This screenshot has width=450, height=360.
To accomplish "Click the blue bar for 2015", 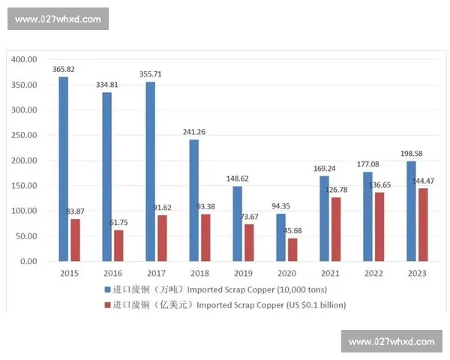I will [64, 169].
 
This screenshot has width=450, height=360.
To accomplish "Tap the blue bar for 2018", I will [193, 200].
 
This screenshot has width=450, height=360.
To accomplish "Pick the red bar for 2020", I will [292, 250].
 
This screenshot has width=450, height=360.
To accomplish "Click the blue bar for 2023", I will [411, 211].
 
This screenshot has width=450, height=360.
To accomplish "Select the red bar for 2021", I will [335, 229].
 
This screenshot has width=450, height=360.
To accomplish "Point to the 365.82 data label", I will [64, 69].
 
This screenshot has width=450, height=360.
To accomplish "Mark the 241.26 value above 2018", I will [194, 132].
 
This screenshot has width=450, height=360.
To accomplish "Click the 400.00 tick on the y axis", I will [25, 59].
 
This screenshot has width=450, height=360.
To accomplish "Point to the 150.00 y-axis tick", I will [25, 186].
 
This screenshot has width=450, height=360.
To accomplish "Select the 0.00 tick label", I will [28, 262].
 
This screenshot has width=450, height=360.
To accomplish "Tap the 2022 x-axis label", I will [373, 274].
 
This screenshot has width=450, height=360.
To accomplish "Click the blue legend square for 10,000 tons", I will [106, 289].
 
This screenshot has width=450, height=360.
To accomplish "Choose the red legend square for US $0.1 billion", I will [106, 305].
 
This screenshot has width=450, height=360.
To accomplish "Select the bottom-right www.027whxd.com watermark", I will [391, 341].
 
